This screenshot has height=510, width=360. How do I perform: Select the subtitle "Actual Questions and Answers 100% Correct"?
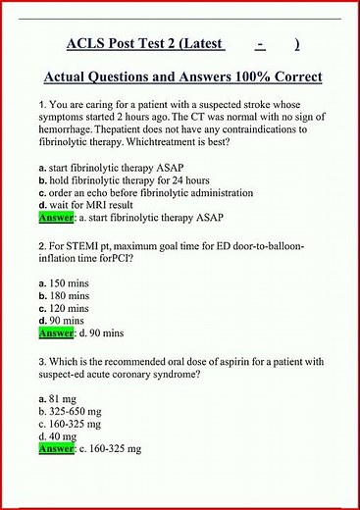[x=183, y=76]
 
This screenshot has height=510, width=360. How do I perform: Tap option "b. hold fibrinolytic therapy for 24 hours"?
[x=108, y=181]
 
